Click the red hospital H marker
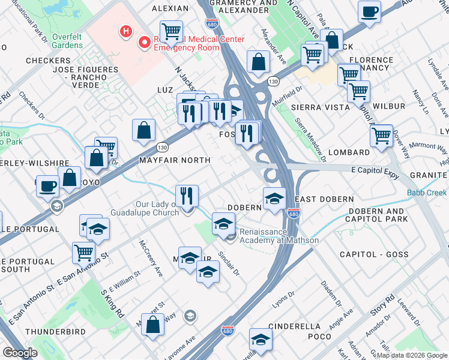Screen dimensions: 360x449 (x=126, y=31)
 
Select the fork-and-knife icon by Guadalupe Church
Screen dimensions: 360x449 (x=187, y=195)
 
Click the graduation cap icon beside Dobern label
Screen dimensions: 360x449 (x=274, y=197)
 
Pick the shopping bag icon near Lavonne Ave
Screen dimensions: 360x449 (x=154, y=324)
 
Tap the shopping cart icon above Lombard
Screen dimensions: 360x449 (x=381, y=136)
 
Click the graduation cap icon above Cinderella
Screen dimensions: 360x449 (x=261, y=339)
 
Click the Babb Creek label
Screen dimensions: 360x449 (x=427, y=193)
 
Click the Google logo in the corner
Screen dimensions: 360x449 (x=20, y=353)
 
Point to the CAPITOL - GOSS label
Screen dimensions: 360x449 (x=374, y=254)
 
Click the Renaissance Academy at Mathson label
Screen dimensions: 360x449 (x=279, y=236)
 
